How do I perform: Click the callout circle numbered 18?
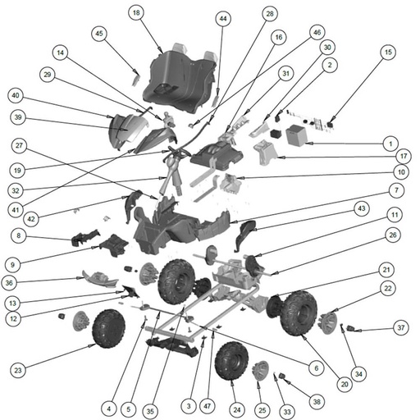136,12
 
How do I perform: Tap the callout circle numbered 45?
99,34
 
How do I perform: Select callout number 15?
388,52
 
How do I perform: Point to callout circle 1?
390,144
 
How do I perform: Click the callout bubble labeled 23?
18,370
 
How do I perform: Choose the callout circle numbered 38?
317,401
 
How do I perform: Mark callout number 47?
208,406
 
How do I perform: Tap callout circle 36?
9,283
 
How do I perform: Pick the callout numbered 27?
19,145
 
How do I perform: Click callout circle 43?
362,208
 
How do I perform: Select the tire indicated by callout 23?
109,328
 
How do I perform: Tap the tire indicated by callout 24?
231,361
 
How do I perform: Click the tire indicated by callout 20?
299,313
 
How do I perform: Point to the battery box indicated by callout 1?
297,135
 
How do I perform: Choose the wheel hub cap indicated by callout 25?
260,371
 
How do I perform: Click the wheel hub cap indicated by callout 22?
327,322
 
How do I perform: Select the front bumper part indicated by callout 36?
100,279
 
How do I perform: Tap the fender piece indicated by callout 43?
245,235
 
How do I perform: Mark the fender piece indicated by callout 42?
133,206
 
